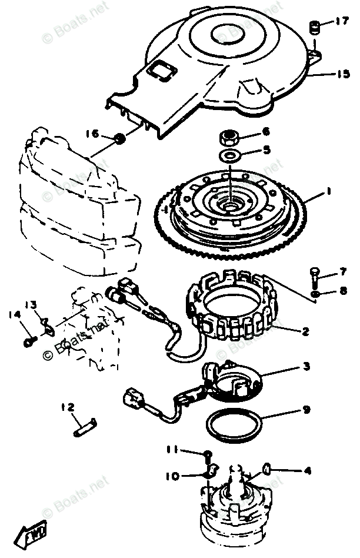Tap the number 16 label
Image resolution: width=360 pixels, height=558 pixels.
tap(92, 134)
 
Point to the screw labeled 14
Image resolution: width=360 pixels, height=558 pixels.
tap(28, 341)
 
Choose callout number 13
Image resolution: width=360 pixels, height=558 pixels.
tap(31, 305)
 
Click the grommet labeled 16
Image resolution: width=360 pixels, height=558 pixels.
tap(120, 139)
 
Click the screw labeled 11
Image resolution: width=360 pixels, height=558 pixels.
tap(208, 454)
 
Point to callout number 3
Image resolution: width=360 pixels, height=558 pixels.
tap(306, 367)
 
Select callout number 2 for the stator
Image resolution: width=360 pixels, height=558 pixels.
tap(305, 332)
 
